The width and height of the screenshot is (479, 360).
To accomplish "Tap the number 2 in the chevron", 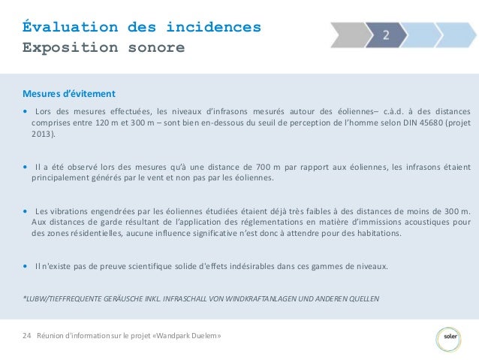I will [385, 35].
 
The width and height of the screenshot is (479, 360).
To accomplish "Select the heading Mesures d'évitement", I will [69, 94].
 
